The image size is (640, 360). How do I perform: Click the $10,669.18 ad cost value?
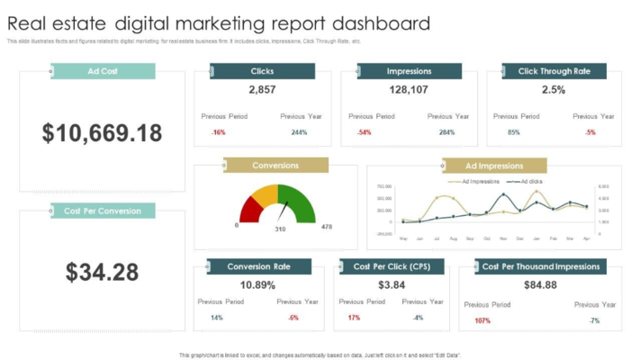coord(102,133)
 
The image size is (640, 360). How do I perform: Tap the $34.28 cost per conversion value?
coord(102,272)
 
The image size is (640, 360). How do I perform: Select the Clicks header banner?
coord(262,71)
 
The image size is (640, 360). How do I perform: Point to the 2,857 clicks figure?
coord(262,90)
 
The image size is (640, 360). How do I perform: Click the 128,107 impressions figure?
coord(409,90)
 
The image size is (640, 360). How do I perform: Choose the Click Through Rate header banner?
coord(554,71)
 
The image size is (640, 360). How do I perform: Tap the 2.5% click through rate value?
coord(554,90)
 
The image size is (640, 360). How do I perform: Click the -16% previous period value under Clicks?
coord(218,132)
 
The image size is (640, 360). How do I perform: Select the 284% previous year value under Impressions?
coord(446,132)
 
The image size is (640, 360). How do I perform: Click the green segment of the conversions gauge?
coord(302,204)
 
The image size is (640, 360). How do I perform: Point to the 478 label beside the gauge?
coord(327,227)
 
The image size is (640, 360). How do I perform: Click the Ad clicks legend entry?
coord(529,182)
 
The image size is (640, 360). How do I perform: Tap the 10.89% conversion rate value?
coord(258,285)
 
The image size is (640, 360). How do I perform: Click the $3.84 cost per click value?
coord(392,285)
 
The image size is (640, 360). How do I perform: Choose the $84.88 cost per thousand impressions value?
coord(540,285)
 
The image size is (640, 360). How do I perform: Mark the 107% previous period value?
coord(482,320)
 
